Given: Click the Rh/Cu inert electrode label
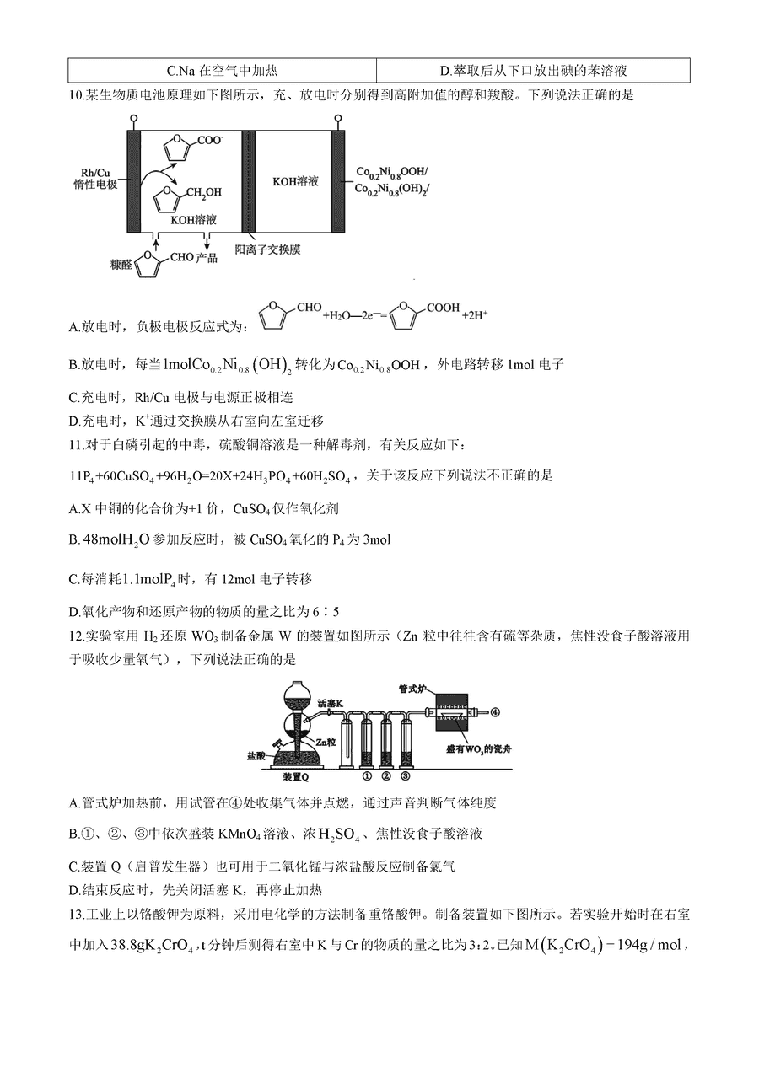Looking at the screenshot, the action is pyautogui.click(x=95, y=178).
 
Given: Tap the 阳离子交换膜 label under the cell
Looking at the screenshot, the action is pyautogui.click(x=267, y=249).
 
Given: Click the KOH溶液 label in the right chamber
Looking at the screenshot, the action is pyautogui.click(x=295, y=181).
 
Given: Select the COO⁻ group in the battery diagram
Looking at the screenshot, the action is pyautogui.click(x=211, y=140).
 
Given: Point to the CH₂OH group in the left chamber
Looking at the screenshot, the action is pyautogui.click(x=204, y=192).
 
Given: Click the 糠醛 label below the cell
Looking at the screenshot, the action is pyautogui.click(x=121, y=265).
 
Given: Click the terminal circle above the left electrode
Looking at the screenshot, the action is pyautogui.click(x=134, y=118).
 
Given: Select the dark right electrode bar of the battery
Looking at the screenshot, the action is pyautogui.click(x=338, y=181).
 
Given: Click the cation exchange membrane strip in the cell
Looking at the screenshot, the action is pyautogui.click(x=248, y=181).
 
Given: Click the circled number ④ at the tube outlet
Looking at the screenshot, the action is pyautogui.click(x=495, y=712).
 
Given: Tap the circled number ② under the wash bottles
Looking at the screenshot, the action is pyautogui.click(x=386, y=776).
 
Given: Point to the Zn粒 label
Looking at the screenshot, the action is pyautogui.click(x=326, y=742).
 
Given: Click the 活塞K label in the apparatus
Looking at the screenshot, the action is pyautogui.click(x=331, y=703).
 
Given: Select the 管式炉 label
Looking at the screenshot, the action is pyautogui.click(x=414, y=689).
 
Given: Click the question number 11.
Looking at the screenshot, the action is pyautogui.click(x=76, y=445).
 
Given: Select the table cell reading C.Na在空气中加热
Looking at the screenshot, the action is pyautogui.click(x=223, y=71).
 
